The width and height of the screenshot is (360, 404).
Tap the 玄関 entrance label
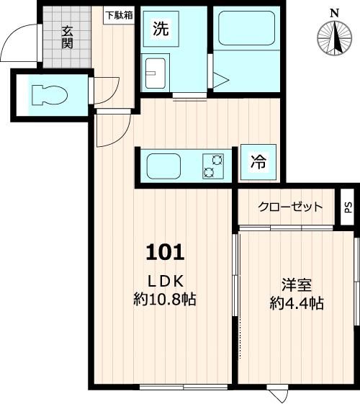67,37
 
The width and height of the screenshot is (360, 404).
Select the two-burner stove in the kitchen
212,166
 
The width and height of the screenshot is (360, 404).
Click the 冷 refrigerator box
257,162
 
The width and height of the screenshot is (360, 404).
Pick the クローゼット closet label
291,207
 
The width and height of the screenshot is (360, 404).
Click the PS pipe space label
348,207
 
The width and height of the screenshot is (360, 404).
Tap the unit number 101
166,252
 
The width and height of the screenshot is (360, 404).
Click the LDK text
166,280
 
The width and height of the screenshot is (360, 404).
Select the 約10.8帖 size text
166,299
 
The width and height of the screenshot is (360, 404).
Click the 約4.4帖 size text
296,303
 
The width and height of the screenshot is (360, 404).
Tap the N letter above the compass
333,12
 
